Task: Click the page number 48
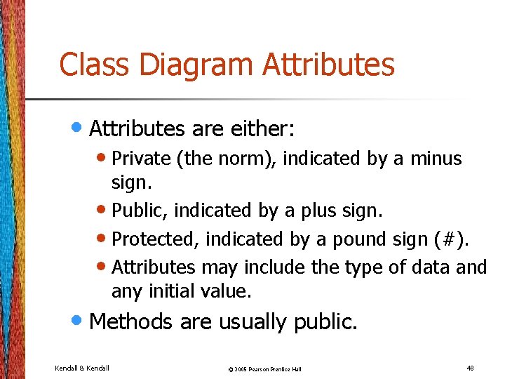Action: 469,367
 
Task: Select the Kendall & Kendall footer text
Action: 81,368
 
